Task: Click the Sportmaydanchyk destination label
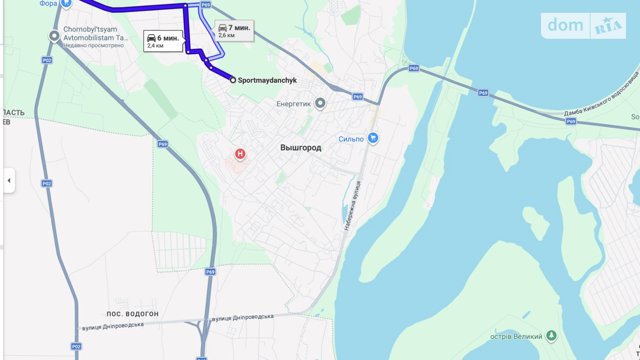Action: pos(267,80)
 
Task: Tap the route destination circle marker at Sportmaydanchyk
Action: pos(233,80)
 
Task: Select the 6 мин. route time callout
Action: pos(163,41)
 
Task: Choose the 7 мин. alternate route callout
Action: pos(234,31)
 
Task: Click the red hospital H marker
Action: pos(240,154)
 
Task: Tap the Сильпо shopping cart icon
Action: pos(373,138)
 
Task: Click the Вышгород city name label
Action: pos(301,148)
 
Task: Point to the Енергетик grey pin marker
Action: pos(320,103)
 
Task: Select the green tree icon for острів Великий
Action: pos(551,335)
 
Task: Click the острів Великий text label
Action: pos(516,336)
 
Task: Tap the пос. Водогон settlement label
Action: pos(132,314)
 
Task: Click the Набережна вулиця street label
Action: pos(352,206)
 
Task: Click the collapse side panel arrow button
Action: pos(9,180)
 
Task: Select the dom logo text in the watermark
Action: pos(565,26)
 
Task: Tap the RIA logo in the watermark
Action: pos(608,26)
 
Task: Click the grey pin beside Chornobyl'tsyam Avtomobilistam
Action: pos(54,36)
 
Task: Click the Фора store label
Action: pos(48,4)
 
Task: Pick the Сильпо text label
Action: pos(351,139)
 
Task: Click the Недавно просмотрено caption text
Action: pos(93,45)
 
